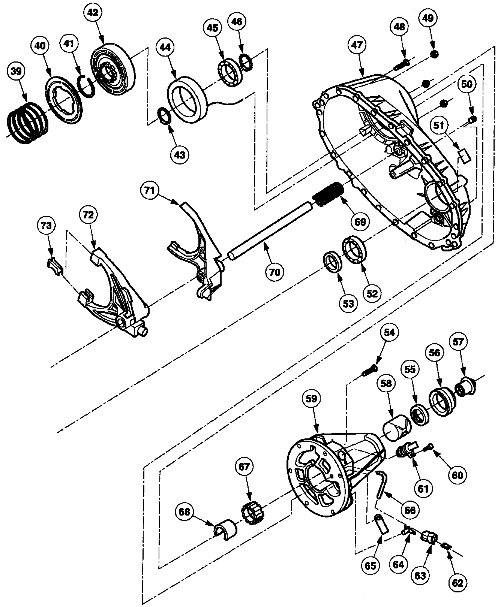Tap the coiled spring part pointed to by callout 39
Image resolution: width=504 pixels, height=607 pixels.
(28, 122)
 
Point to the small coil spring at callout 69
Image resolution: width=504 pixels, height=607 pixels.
(327, 194)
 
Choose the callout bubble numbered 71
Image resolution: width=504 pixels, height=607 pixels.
(150, 191)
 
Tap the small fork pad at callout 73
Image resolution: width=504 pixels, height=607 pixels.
(54, 266)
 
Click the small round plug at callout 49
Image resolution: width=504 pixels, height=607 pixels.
(434, 54)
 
